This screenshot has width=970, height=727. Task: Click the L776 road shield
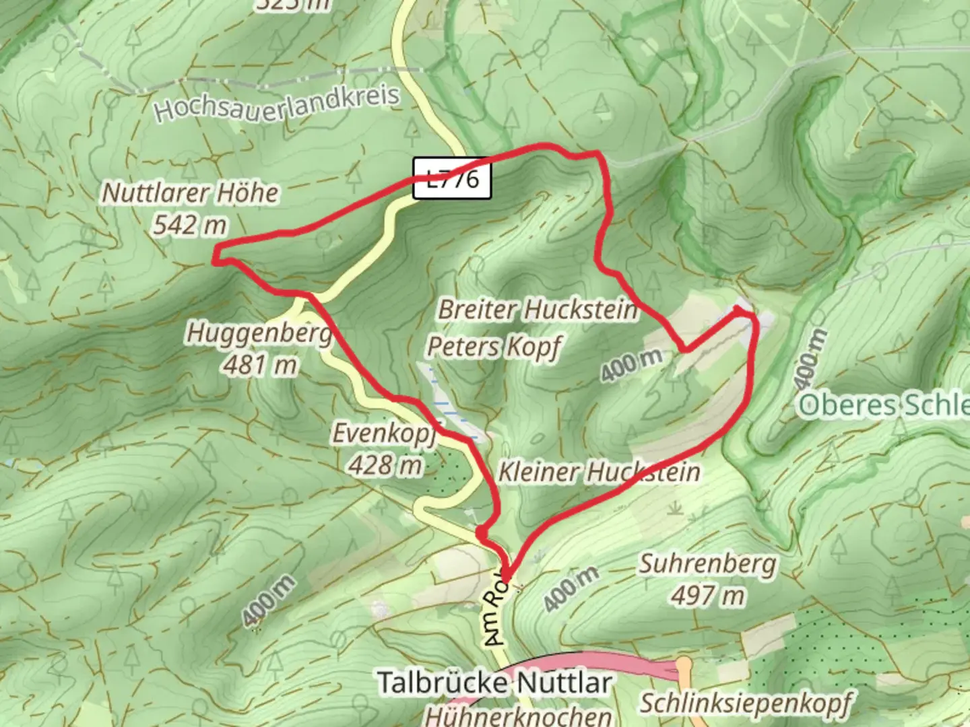[452, 179]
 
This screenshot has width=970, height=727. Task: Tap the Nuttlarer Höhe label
[190, 193]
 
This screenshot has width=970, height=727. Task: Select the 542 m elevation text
[190, 225]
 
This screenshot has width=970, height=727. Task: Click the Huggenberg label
[259, 333]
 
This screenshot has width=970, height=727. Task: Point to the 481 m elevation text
[260, 365]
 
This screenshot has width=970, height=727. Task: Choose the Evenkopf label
[385, 433]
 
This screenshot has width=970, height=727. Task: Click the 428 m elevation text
[385, 464]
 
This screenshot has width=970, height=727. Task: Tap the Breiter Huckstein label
[538, 310]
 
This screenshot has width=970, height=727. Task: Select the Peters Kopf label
[494, 347]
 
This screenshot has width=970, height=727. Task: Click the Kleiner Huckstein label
[599, 472]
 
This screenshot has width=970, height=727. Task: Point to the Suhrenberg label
[708, 563]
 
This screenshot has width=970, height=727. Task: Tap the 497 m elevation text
[708, 595]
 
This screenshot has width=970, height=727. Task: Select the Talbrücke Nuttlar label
[494, 683]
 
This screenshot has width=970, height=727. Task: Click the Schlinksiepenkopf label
[745, 703]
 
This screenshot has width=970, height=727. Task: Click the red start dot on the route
[482, 533]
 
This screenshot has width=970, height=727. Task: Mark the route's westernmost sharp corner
[216, 257]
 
